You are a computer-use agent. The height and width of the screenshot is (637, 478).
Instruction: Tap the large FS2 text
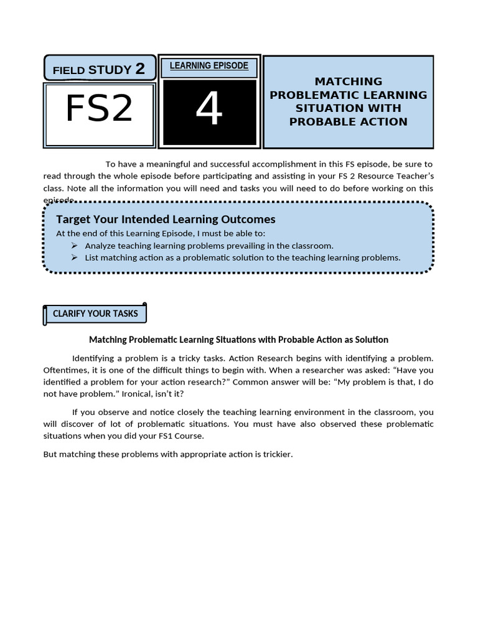pos(99,108)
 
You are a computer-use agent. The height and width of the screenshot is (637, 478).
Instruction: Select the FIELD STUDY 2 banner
pos(99,68)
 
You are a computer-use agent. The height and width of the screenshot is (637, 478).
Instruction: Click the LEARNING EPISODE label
pos(209,66)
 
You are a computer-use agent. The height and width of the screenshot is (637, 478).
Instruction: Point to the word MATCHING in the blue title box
pos(349,81)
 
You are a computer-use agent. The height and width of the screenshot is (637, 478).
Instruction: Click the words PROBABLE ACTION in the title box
pos(349,121)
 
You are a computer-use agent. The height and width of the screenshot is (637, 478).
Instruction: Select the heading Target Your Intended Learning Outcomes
pos(166,219)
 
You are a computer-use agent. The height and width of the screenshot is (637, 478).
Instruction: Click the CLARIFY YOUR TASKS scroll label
pos(95,314)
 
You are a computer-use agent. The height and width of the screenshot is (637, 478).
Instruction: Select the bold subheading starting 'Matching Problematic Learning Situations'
pos(238,340)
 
